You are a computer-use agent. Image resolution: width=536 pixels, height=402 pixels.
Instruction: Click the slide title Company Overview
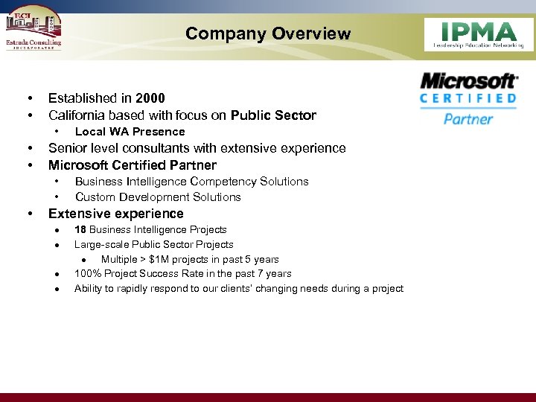[x=267, y=33]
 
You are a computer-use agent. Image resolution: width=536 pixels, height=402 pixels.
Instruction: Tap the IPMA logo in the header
[x=478, y=34]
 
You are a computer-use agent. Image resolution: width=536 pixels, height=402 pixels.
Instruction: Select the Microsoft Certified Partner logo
[x=468, y=98]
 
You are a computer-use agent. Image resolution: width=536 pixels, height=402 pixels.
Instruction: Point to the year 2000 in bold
[x=150, y=98]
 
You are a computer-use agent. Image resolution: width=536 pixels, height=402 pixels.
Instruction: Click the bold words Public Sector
[x=273, y=115]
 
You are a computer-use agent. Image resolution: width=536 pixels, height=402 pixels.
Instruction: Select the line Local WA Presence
[x=130, y=132]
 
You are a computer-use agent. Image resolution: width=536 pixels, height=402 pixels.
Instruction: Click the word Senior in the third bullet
[x=67, y=148]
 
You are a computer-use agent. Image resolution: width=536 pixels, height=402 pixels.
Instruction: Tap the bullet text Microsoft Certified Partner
[x=132, y=165]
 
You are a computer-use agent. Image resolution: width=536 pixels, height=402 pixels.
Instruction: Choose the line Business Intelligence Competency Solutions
[x=191, y=182]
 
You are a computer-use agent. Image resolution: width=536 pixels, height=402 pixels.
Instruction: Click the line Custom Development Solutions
[x=158, y=197]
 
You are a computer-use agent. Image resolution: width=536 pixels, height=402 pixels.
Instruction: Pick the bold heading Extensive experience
[x=115, y=214]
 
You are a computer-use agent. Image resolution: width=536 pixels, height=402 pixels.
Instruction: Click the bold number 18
[x=80, y=230]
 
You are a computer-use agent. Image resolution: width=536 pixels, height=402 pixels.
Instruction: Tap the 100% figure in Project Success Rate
[x=86, y=274]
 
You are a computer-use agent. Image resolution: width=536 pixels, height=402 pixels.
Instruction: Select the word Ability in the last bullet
[x=87, y=289]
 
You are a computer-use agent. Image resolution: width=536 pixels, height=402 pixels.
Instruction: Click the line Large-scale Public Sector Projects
[x=153, y=245]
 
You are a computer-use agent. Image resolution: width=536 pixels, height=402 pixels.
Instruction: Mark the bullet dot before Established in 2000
[x=29, y=98]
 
